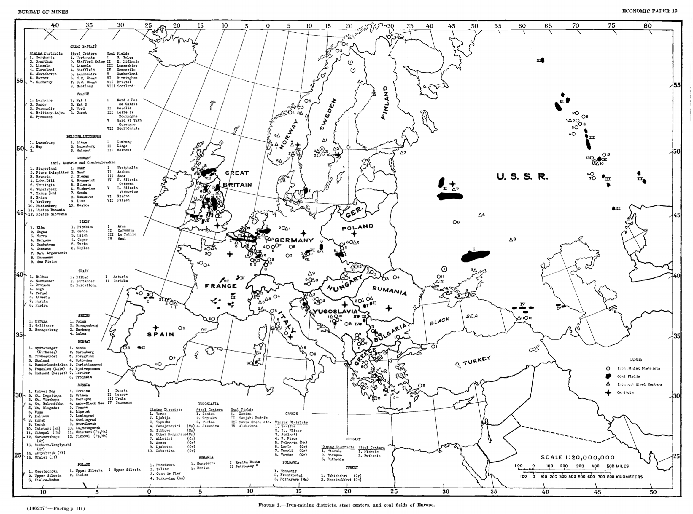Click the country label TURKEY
point(476,361)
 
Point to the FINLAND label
point(385,103)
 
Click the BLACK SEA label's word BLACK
point(440,321)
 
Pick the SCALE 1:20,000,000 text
point(578,457)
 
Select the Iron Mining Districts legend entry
point(638,368)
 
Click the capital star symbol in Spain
point(156,328)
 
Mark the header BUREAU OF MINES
point(43,12)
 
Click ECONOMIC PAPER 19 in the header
point(649,11)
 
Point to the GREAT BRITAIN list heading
point(83,47)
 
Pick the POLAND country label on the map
point(357,227)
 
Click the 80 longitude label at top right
point(647,26)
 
